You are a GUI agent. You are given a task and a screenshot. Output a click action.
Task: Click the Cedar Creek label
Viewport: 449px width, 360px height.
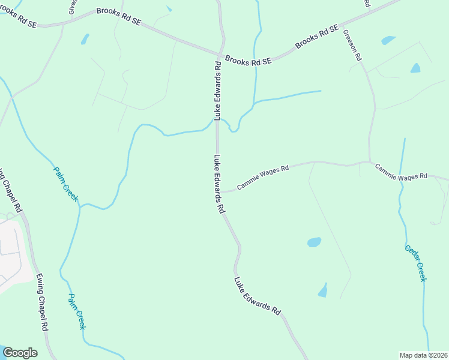pyautogui.click(x=415, y=263)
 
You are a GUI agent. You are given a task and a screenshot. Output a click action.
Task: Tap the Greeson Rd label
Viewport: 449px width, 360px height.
pyautogui.click(x=352, y=46)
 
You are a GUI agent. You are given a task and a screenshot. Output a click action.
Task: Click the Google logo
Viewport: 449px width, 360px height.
pyautogui.click(x=20, y=353)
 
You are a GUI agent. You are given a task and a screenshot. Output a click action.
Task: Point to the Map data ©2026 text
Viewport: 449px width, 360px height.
pyautogui.click(x=423, y=355)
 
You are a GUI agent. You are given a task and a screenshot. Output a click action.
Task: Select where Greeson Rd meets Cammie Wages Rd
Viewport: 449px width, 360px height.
pyautogui.click(x=370, y=161)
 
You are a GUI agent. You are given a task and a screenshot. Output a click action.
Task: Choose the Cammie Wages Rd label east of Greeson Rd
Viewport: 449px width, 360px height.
pyautogui.click(x=401, y=172)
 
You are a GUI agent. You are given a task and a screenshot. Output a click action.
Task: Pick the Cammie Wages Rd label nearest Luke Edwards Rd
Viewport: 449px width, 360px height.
pyautogui.click(x=263, y=178)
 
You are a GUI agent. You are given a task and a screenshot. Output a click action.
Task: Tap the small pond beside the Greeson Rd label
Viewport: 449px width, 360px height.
pyautogui.click(x=388, y=41)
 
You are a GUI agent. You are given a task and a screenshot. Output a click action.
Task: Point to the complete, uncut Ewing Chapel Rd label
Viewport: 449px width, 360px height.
pyautogui.click(x=41, y=305)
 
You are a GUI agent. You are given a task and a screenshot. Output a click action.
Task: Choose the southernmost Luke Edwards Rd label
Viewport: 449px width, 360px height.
pyautogui.click(x=258, y=296)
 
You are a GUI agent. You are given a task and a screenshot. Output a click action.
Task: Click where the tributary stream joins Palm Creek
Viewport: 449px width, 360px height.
pyautogui.click(x=80, y=205)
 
